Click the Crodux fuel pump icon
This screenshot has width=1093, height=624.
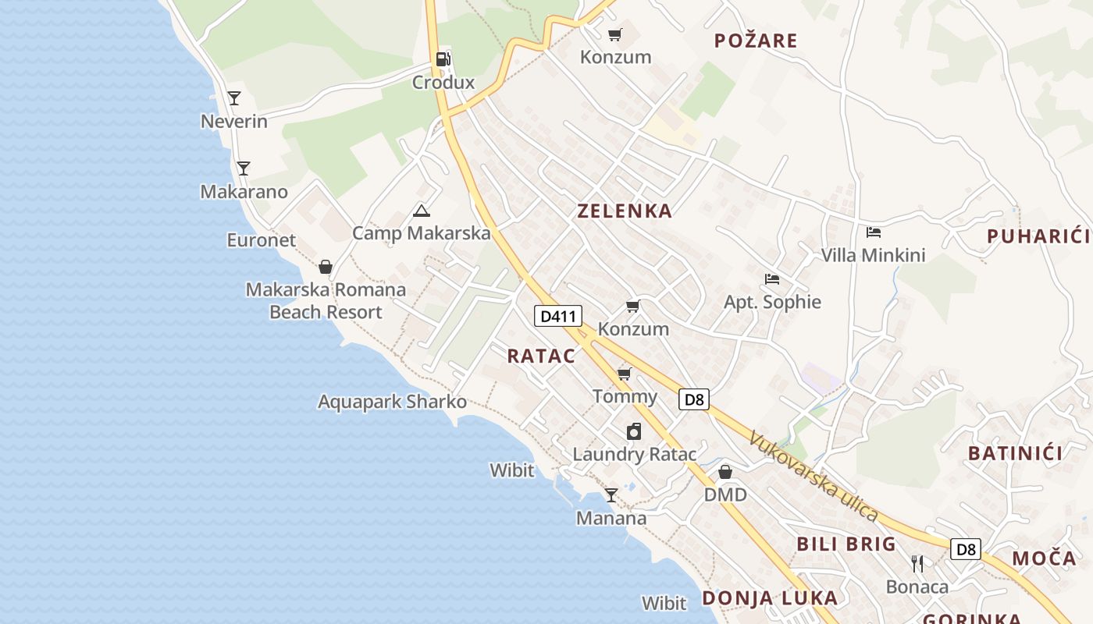coord(443,58)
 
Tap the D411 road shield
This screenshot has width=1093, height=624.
coord(558,316)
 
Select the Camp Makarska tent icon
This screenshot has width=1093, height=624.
coord(422,210)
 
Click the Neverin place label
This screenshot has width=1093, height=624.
coord(234,122)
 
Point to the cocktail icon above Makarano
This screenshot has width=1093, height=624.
coord(244,168)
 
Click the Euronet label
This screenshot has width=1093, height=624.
coord(262,240)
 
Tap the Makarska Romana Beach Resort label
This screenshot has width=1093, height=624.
coord(326,301)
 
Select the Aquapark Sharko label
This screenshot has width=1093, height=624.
coord(392,402)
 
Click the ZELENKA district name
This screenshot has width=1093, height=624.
coord(625,211)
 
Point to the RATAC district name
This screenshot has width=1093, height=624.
coord(541,356)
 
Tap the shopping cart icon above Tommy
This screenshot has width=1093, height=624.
coord(624,374)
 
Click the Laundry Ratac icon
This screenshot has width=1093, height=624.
coord(634,431)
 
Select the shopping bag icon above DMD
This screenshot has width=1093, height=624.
coord(725,472)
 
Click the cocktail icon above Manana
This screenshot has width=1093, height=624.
coord(611,495)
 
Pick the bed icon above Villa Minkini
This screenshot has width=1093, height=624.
coord(874,232)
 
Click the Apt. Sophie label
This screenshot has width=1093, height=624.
coord(772,302)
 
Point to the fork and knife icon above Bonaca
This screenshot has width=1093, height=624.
coord(917,563)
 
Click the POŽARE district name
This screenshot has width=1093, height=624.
coord(756,41)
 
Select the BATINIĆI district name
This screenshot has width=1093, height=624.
coord(1015,453)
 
